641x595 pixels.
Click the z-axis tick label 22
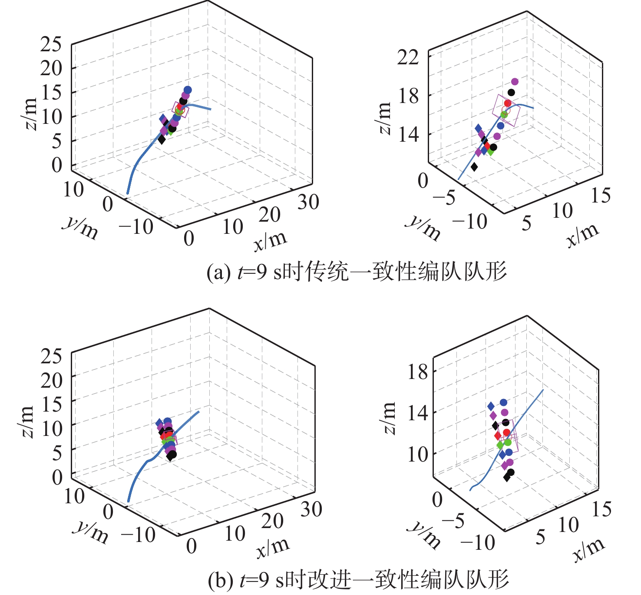pyautogui.click(x=408, y=57)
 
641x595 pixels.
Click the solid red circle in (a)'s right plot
pyautogui.click(x=507, y=103)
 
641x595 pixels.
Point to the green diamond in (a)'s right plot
pyautogui.click(x=490, y=152)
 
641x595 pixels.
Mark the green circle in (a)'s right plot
pyautogui.click(x=504, y=115)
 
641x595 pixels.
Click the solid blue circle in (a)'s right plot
pyautogui.click(x=500, y=126)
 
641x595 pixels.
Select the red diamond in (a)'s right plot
pyautogui.click(x=487, y=146)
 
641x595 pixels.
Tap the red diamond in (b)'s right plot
pyautogui.click(x=498, y=435)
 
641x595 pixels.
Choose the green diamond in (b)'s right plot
pyautogui.click(x=500, y=445)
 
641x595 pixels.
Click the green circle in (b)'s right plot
pyautogui.click(x=508, y=442)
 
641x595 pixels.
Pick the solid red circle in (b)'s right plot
pyautogui.click(x=506, y=432)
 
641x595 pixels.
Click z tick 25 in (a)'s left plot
pyautogui.click(x=51, y=44)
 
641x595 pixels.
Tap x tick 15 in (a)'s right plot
pyautogui.click(x=601, y=196)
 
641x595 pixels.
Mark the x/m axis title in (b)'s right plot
pyautogui.click(x=588, y=550)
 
